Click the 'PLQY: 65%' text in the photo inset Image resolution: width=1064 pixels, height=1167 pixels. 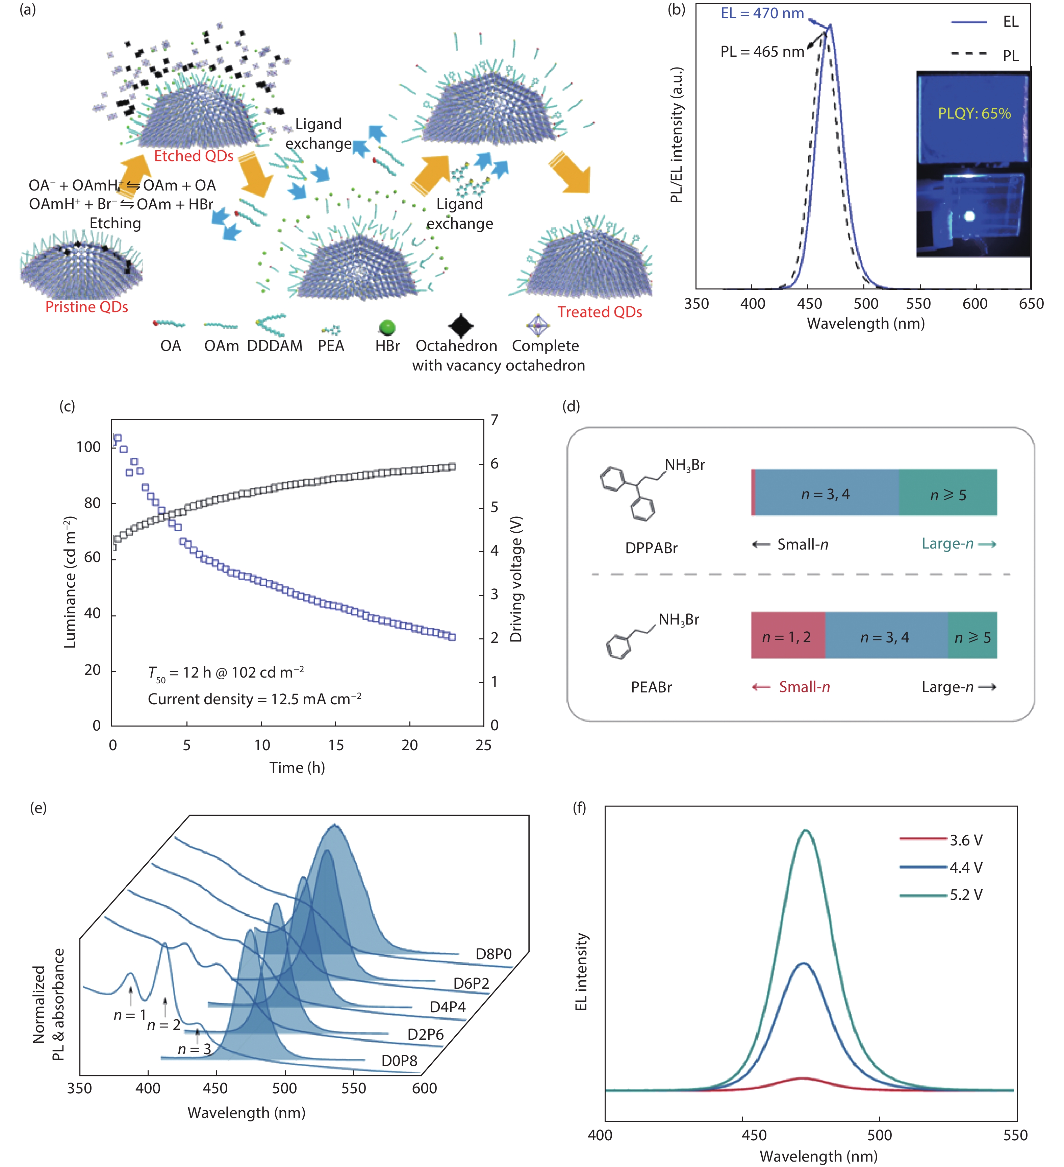974,113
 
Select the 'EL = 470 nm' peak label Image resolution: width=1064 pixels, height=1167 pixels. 762,13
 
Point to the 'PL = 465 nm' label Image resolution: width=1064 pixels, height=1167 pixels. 762,52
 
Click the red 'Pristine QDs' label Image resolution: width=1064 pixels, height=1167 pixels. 87,307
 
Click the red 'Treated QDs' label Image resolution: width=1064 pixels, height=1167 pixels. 600,312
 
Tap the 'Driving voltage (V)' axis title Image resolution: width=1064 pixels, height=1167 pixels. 516,579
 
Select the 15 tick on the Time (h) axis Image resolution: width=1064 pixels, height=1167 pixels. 336,745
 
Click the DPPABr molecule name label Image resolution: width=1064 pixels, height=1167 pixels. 651,548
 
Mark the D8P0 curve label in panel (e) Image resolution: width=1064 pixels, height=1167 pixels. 493,954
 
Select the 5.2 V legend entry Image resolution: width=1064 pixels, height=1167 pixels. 966,895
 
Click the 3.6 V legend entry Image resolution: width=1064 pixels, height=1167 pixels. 966,840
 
